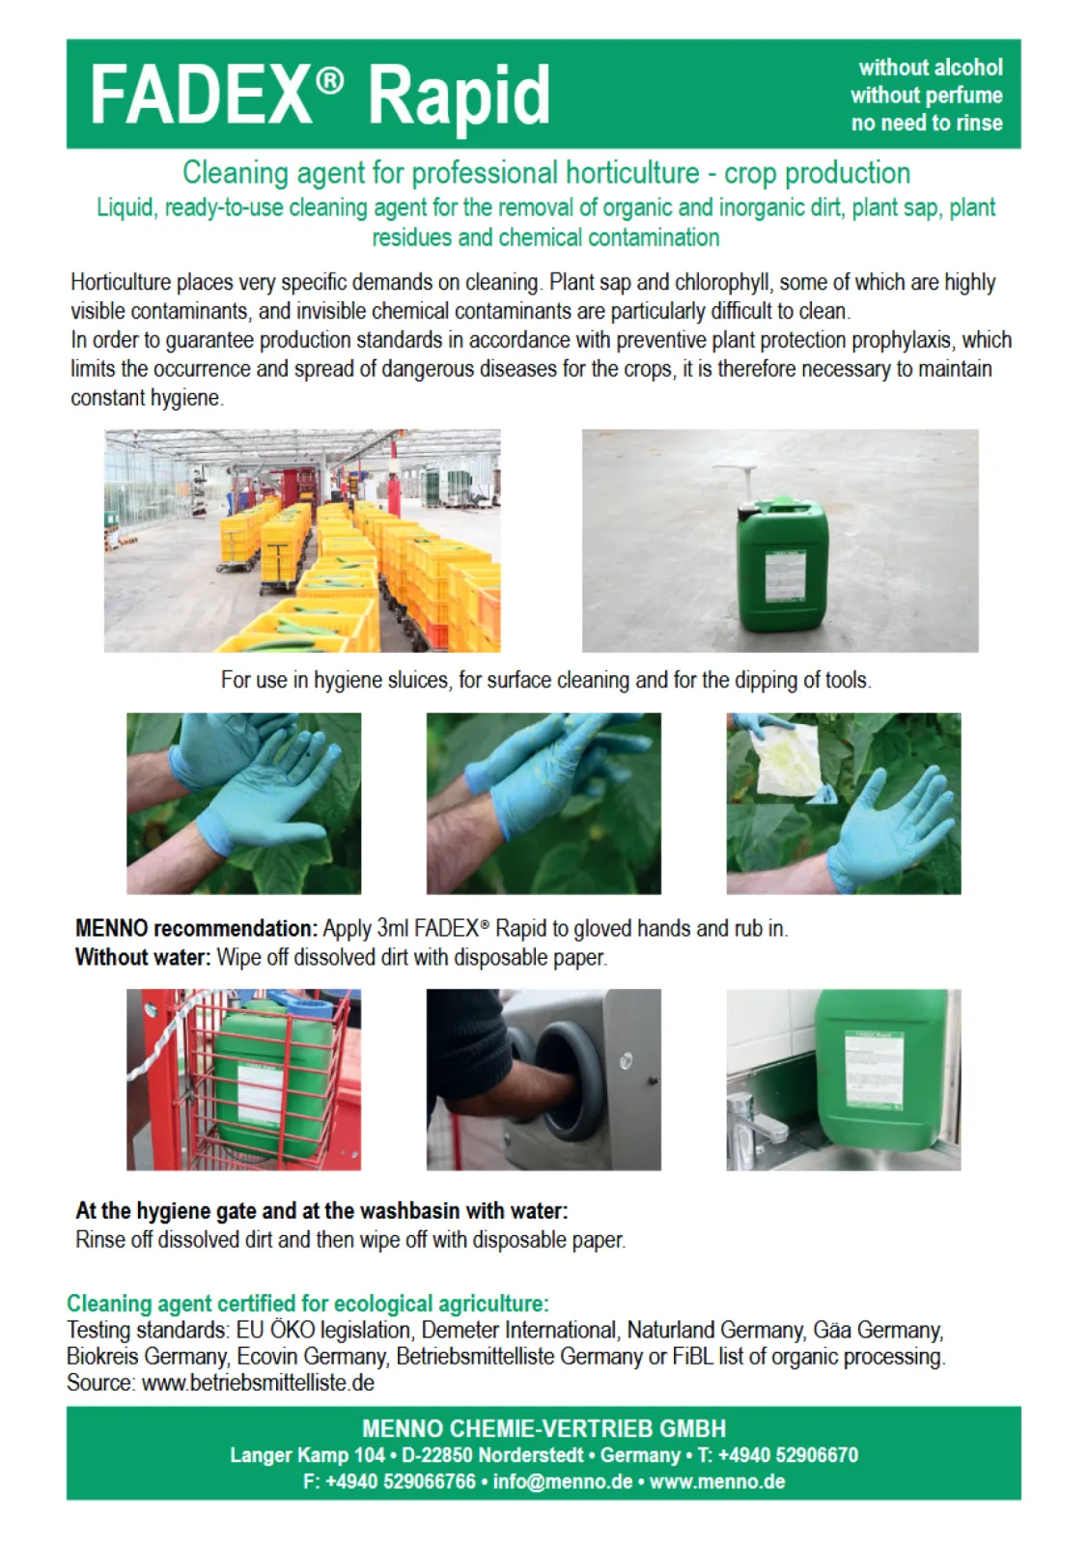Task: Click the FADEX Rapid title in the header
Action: coord(320,95)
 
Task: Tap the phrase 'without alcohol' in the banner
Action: coord(930,68)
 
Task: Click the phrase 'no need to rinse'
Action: coord(926,124)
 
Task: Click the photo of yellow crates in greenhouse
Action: coord(302,541)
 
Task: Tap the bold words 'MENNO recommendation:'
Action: coord(196,929)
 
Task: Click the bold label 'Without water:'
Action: coord(143,958)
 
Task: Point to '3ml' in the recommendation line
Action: coord(393,929)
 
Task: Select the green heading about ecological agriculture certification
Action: coord(307,1304)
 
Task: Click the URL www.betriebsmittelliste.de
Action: coord(258,1383)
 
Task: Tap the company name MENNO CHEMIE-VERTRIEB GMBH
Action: coord(544,1429)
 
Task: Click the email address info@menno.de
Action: coord(563,1481)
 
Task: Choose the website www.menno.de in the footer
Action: coord(716,1481)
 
